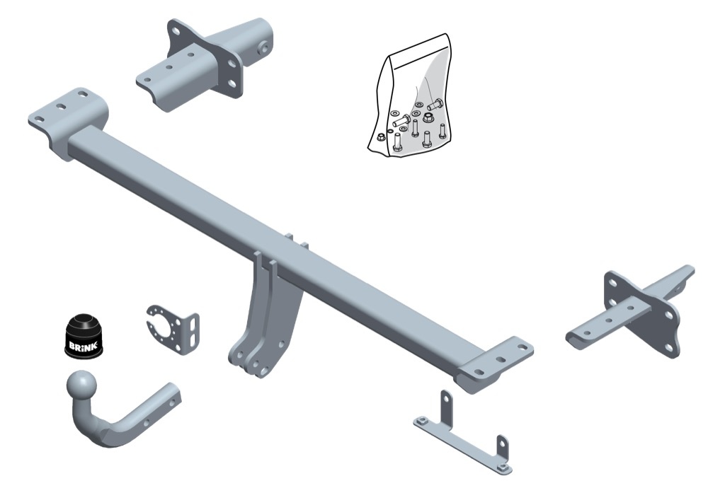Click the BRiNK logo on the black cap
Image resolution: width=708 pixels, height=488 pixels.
pos(78,347)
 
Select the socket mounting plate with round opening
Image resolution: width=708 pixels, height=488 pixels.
pos(172,329)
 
